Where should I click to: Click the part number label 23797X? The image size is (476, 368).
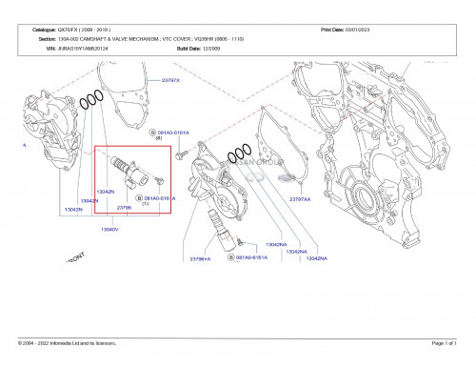click(170, 81)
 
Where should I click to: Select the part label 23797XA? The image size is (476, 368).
click(301, 199)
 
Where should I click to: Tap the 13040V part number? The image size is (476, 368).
click(110, 229)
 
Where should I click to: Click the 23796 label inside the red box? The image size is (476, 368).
click(123, 206)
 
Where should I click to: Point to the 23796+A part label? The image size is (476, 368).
click(199, 258)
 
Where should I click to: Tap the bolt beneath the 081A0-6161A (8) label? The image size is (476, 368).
click(183, 152)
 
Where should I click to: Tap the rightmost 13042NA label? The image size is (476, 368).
click(316, 258)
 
